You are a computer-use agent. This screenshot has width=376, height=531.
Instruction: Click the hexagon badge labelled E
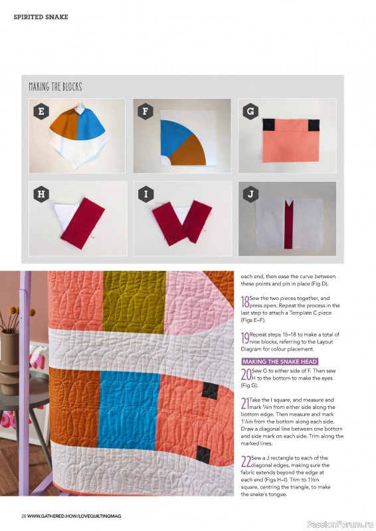41,111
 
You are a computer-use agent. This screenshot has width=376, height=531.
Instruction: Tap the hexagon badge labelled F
145,111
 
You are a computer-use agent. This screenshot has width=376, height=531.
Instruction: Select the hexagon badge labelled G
250,111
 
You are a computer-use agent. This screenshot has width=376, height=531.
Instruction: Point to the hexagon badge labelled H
41,194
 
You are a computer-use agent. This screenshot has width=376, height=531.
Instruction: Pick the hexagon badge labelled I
145,194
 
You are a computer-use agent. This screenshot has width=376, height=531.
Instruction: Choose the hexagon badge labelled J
250,194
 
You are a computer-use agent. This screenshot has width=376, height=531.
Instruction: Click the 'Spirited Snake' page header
41,17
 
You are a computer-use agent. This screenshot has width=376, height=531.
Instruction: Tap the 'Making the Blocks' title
55,87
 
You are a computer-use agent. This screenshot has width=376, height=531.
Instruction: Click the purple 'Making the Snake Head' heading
280,361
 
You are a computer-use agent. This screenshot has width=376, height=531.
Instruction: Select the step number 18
245,301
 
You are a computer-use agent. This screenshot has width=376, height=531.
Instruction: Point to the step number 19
245,338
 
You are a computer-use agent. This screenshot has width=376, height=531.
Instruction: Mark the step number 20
246,374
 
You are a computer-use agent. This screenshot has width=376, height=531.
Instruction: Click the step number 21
244,404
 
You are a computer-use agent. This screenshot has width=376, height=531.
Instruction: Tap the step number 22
246,461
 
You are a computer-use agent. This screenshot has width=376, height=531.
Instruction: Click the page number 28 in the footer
24,516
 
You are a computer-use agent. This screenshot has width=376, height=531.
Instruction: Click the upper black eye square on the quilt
210,390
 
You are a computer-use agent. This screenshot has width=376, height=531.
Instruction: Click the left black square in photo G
269,125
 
